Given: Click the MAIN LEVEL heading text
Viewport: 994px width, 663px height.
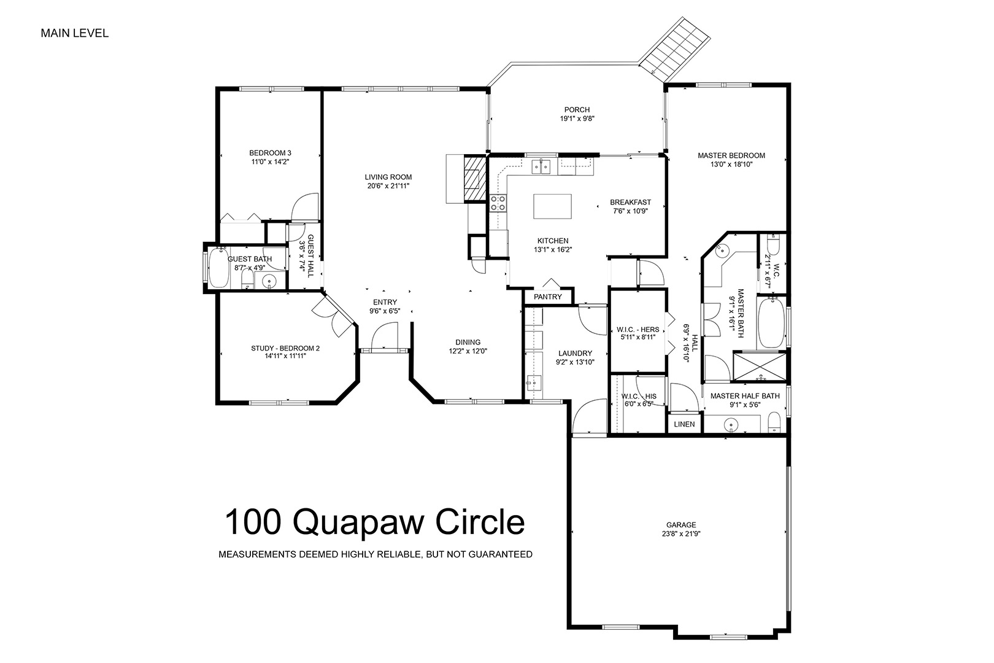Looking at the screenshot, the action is pyautogui.click(x=75, y=33).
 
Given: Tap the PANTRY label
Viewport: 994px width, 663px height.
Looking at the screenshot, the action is pyautogui.click(x=547, y=297).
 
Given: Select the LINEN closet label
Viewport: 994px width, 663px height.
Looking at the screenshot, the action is pyautogui.click(x=684, y=424).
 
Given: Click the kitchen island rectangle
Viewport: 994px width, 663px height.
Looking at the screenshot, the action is pyautogui.click(x=552, y=206).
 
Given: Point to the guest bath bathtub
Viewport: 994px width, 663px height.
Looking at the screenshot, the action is pyautogui.click(x=218, y=268).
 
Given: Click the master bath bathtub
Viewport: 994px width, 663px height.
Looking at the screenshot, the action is pyautogui.click(x=771, y=323).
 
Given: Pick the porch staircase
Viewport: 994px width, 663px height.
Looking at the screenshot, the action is pyautogui.click(x=675, y=50).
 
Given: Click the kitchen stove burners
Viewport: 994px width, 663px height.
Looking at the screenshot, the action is pyautogui.click(x=498, y=203).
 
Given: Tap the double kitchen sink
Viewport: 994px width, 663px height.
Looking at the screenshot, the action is pyautogui.click(x=541, y=167).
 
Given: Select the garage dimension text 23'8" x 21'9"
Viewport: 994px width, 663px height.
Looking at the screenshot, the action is pyautogui.click(x=681, y=533).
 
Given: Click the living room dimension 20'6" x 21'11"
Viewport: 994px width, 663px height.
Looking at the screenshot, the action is pyautogui.click(x=388, y=186).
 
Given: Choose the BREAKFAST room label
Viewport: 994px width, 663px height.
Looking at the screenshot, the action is pyautogui.click(x=631, y=202).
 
